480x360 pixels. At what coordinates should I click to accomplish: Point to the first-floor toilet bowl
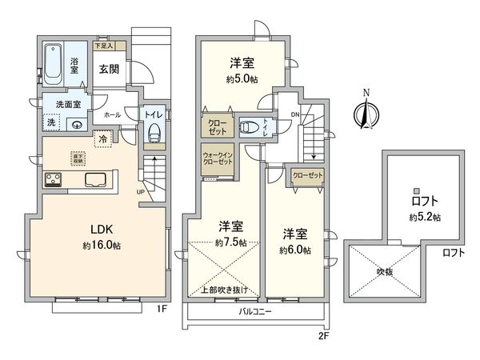tap(154, 133)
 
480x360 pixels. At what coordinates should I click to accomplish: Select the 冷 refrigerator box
tap(103, 138)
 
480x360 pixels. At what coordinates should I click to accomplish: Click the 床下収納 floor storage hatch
tap(78, 159)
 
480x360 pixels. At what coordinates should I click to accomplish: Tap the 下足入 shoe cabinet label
tap(105, 46)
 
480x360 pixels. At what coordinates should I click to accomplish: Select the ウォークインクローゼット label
tap(216, 157)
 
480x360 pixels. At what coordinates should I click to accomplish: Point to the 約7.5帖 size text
tap(231, 242)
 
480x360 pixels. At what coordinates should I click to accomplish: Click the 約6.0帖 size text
tap(295, 250)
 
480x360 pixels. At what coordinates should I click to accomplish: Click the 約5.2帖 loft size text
tap(425, 217)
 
